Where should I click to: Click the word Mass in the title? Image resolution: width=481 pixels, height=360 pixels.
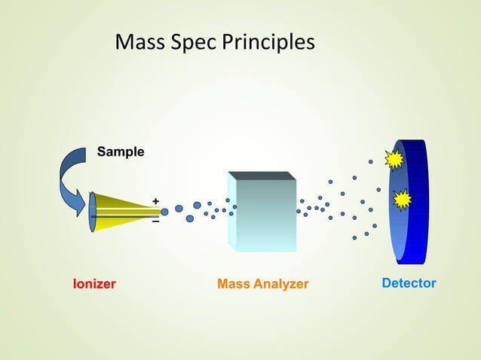tap(141, 43)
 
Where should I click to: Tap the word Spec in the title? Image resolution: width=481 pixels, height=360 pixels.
tap(195, 43)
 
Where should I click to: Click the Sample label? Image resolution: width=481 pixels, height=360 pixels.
tap(121, 151)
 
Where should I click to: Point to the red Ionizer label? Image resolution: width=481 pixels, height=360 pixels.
tap(94, 284)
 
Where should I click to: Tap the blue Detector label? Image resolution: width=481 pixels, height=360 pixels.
tap(409, 283)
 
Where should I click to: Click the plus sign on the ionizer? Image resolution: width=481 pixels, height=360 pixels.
tap(155, 201)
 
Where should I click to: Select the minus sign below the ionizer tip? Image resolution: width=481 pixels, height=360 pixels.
tap(155, 222)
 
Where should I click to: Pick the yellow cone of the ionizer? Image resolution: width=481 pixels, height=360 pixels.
tap(121, 210)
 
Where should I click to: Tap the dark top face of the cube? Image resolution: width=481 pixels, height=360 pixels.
tap(261, 175)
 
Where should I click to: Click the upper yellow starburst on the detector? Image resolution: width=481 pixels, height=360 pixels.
tap(394, 160)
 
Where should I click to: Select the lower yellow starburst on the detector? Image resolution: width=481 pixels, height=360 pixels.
tap(403, 199)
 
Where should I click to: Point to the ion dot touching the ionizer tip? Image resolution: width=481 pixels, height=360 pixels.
tap(164, 212)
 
